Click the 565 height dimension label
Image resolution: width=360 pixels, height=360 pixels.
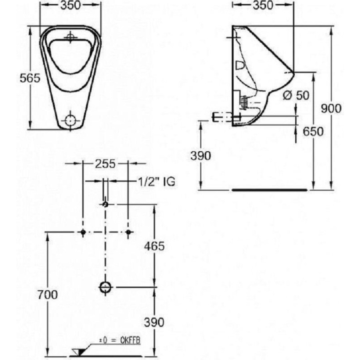[x=30, y=78]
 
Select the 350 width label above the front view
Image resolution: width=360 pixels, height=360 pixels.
[x=70, y=5]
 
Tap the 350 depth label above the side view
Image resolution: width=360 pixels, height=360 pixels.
[x=263, y=5]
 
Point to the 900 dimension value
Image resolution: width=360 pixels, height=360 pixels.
[x=331, y=108]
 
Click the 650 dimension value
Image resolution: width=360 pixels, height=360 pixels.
[x=313, y=131]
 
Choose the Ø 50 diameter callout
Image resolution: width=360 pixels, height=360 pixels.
[x=296, y=95]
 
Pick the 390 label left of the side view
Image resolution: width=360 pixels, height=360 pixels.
[x=201, y=156]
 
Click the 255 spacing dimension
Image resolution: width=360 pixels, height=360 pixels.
[x=105, y=164]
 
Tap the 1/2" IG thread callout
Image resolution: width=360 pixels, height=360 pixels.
[x=156, y=182]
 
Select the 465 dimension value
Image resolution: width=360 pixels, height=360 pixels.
[x=154, y=246]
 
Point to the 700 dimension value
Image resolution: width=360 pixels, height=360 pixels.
[x=48, y=294]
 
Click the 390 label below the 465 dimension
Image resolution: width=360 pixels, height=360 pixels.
[x=154, y=322]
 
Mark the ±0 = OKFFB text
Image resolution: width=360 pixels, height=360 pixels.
[x=120, y=340]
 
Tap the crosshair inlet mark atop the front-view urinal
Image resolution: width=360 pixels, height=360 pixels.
[x=71, y=37]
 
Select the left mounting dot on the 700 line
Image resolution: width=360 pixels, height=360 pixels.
[x=83, y=232]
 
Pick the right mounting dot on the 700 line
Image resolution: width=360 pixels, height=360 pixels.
[x=128, y=232]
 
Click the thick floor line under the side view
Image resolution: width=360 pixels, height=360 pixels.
[x=270, y=190]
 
